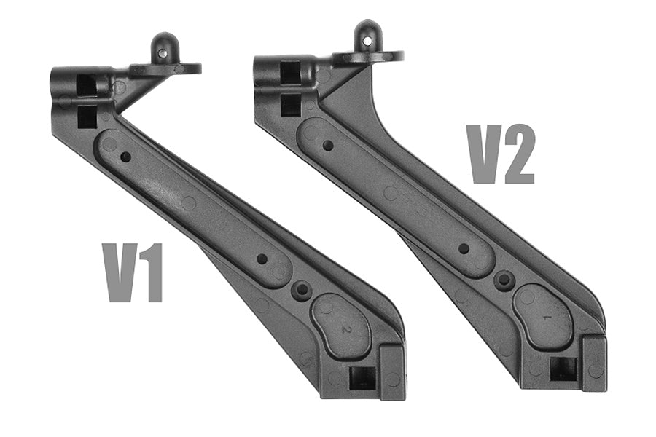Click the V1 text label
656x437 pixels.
pyautogui.click(x=133, y=273)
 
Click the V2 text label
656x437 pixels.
pyautogui.click(x=501, y=154)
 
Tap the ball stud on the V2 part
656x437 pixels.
pyautogui.click(x=367, y=36)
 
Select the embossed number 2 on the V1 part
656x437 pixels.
pyautogui.click(x=348, y=329)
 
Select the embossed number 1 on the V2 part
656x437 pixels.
pyautogui.click(x=547, y=318)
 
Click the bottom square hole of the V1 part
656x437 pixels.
pyautogui.click(x=362, y=377)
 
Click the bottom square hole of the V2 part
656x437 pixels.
pyautogui.click(x=563, y=369)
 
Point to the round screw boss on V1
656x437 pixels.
pyautogui.click(x=301, y=290)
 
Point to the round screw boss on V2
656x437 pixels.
pyautogui.click(x=503, y=280)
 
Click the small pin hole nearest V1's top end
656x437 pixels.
pyautogui.click(x=126, y=156)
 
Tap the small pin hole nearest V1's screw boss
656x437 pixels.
pyautogui.click(x=262, y=259)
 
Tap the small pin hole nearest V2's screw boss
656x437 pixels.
pyautogui.click(x=464, y=248)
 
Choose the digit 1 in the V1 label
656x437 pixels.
pyautogui.click(x=151, y=273)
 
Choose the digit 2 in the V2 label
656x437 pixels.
pyautogui.click(x=519, y=154)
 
